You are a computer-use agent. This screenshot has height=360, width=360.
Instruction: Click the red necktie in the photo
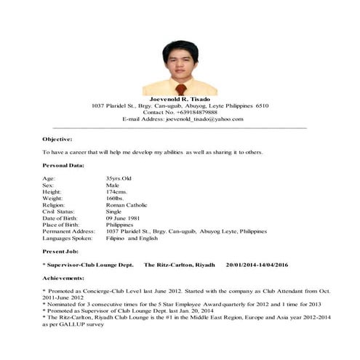click(x=180, y=87)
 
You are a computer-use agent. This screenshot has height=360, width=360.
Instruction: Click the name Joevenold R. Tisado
click(x=180, y=98)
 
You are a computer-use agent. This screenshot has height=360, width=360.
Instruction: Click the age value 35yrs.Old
click(x=119, y=178)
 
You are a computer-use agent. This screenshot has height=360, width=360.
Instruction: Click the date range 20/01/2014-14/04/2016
click(x=267, y=265)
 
